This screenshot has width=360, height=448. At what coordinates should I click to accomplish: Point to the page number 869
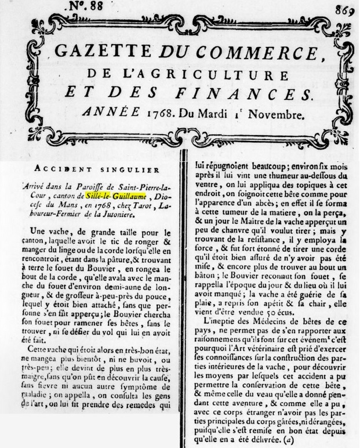click(x=344, y=9)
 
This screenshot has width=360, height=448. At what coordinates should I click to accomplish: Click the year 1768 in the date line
click(x=170, y=114)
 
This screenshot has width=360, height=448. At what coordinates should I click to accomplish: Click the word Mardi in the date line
click(x=222, y=114)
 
